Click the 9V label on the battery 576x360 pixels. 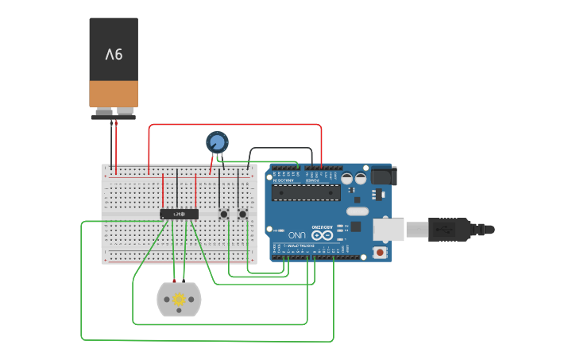tap(114, 54)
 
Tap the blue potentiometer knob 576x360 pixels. tap(217, 142)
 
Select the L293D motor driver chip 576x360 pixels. tap(179, 214)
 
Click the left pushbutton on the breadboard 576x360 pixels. tap(224, 214)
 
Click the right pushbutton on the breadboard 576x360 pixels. tap(242, 214)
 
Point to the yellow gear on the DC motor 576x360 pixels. tap(179, 299)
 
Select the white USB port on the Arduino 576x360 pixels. tap(389, 229)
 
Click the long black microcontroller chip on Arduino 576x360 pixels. tap(306, 192)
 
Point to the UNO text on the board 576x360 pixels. tap(296, 235)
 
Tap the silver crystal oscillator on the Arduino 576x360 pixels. tap(358, 211)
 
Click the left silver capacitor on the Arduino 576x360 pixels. tap(348, 180)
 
